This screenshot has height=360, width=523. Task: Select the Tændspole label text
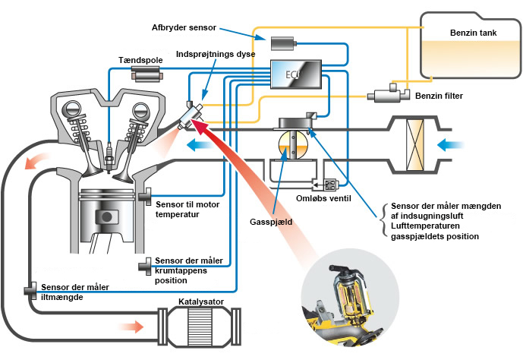coord(139,58)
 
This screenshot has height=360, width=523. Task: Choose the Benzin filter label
coord(439,96)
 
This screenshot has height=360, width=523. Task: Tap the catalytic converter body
coord(196,324)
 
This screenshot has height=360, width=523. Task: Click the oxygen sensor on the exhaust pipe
coord(31,289)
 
